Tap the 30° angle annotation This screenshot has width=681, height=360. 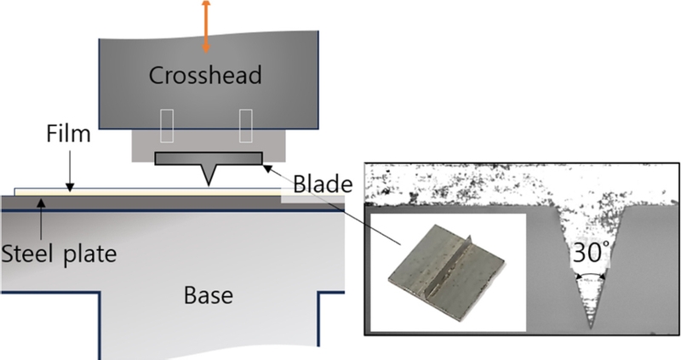[591, 255]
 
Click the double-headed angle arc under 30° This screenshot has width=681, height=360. [591, 276]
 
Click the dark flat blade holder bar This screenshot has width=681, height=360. [208, 157]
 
